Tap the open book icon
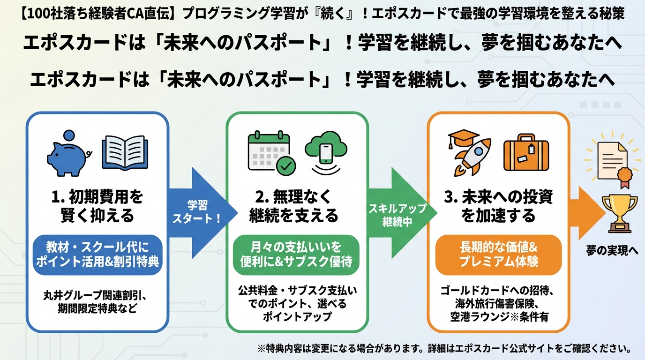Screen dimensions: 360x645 [124, 152]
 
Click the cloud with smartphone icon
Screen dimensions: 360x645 [325, 149]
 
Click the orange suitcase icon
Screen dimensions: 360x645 [526, 153]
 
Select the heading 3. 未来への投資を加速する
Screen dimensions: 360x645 [498, 206]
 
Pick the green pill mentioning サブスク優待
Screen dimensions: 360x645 [296, 255]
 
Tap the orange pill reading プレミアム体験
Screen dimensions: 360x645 [498, 255]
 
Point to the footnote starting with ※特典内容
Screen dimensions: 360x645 [443, 349]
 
